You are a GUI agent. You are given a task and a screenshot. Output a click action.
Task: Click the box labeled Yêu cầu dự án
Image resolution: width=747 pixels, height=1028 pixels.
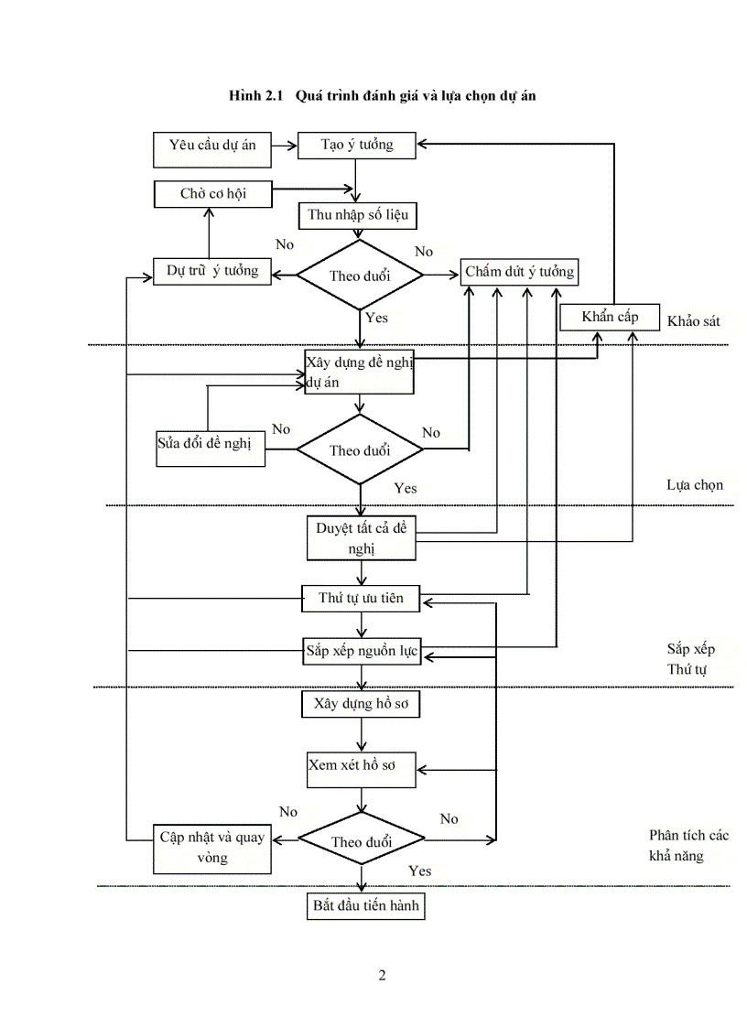pos(211,149)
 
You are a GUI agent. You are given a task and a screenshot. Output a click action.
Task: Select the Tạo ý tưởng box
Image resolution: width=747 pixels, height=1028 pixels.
pos(358,145)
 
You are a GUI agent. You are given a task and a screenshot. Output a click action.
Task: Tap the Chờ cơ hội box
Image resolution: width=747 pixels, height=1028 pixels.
pos(212,193)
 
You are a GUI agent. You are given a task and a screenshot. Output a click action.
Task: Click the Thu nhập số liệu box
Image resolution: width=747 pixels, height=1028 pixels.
pos(358,216)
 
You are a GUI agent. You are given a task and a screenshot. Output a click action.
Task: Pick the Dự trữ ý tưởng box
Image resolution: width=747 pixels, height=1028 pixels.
pos(212,272)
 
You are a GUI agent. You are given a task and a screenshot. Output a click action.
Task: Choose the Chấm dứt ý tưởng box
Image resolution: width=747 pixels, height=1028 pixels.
pos(519,272)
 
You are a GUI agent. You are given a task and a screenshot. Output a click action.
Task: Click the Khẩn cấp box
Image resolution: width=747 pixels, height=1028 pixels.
pos(611,317)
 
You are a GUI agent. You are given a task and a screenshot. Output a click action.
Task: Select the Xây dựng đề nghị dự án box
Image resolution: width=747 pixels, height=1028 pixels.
pos(360,372)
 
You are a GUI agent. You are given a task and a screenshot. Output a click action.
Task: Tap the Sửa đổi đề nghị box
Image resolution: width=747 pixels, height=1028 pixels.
pos(211,446)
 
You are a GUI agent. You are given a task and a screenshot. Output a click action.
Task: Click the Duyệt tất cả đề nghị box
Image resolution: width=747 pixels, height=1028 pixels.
pos(361,538)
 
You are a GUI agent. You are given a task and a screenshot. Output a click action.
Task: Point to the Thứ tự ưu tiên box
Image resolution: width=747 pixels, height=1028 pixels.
pos(361,599)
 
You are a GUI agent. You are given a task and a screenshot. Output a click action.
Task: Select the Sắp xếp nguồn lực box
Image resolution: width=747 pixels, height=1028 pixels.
pos(361,652)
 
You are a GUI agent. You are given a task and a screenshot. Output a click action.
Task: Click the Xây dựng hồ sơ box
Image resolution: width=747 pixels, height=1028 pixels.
pos(361,704)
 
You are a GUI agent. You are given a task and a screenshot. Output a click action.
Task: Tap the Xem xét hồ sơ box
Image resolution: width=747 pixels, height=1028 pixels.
pos(361,766)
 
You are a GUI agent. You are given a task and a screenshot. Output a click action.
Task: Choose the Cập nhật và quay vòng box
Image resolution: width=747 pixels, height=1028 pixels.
pos(212,847)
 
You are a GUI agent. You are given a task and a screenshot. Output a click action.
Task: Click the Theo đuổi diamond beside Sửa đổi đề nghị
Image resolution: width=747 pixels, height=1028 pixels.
pos(360,449)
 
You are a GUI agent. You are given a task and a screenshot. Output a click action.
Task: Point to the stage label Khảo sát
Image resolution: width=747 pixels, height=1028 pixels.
pos(694,321)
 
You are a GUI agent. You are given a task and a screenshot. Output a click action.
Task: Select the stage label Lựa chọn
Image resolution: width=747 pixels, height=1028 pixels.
pos(695,484)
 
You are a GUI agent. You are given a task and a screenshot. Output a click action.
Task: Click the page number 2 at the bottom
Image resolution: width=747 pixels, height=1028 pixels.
pos(382,975)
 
